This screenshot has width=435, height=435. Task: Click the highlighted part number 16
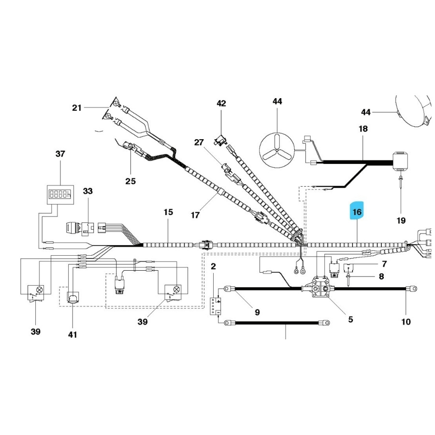click(x=357, y=212)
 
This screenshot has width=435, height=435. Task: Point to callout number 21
click(x=77, y=108)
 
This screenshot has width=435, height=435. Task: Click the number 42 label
click(x=221, y=103)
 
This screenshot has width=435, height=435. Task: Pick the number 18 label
click(x=363, y=129)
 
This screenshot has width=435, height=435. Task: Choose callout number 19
click(x=401, y=221)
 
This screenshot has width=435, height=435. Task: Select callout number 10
click(x=406, y=321)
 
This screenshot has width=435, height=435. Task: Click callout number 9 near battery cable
click(x=257, y=312)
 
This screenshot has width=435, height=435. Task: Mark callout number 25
click(x=130, y=181)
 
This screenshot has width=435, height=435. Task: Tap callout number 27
click(x=200, y=142)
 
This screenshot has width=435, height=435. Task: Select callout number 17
click(x=195, y=215)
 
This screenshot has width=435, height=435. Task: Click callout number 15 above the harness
click(x=168, y=212)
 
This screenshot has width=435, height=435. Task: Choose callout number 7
click(x=384, y=264)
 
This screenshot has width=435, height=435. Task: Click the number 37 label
click(x=60, y=154)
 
